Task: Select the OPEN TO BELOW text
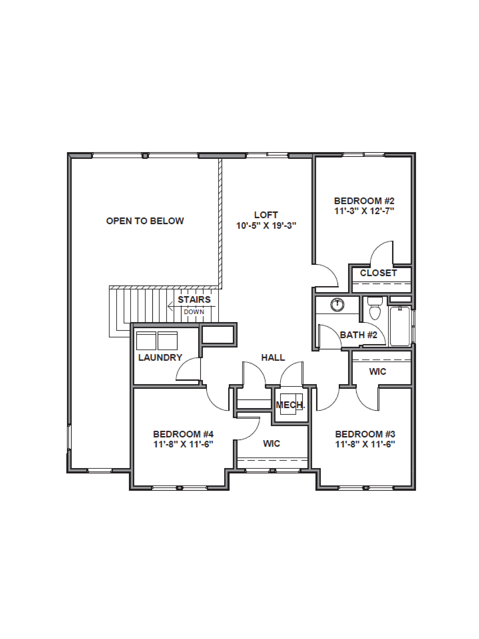pyautogui.click(x=145, y=221)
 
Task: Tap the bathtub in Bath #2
pyautogui.click(x=400, y=326)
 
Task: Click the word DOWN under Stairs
pyautogui.click(x=194, y=312)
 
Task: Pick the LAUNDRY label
pyautogui.click(x=160, y=358)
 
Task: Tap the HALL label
pyautogui.click(x=273, y=358)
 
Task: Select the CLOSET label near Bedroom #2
pyautogui.click(x=378, y=273)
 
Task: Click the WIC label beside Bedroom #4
pyautogui.click(x=271, y=443)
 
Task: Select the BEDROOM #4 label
pyautogui.click(x=183, y=434)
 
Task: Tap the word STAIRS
pyautogui.click(x=194, y=300)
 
